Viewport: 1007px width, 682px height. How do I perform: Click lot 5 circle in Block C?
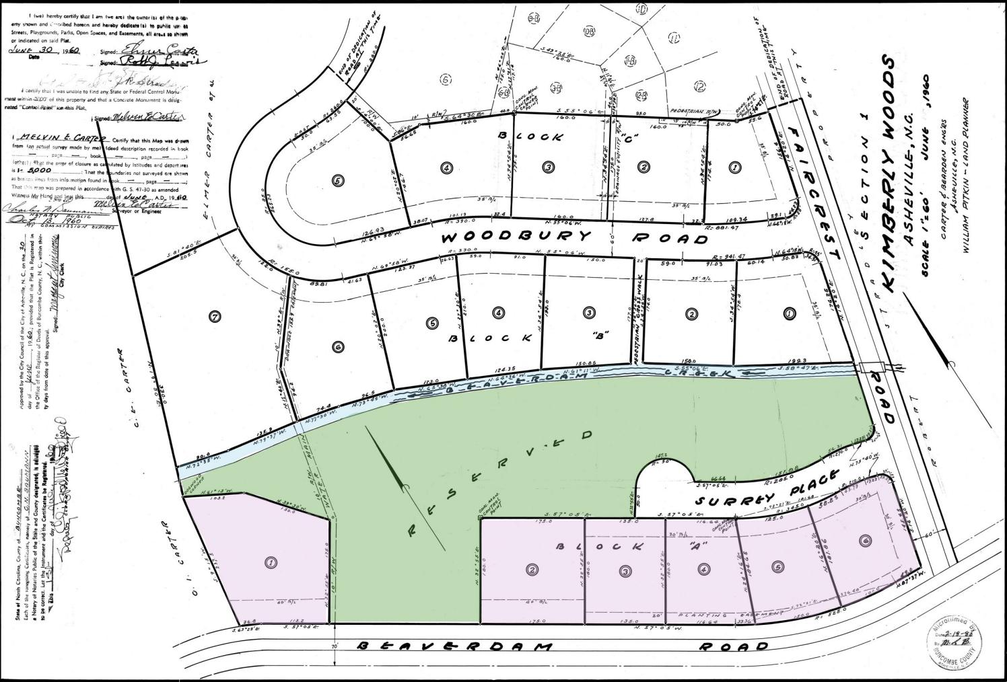click(338, 180)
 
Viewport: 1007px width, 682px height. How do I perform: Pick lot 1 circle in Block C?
click(734, 167)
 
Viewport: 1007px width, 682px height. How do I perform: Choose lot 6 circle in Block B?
click(338, 346)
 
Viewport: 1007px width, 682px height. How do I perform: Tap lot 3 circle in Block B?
click(589, 313)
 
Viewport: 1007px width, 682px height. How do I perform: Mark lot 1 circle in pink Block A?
click(271, 563)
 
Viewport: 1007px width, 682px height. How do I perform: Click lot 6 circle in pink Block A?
click(864, 540)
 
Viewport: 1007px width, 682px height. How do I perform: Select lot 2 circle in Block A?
click(533, 570)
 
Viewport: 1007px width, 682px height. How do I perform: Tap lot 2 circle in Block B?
click(691, 313)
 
